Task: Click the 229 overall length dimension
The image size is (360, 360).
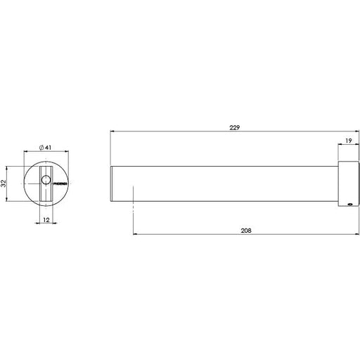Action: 235,128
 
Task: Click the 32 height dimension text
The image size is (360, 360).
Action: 4,184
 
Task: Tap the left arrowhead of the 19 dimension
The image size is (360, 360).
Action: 342,146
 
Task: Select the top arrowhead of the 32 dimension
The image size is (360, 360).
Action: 7,167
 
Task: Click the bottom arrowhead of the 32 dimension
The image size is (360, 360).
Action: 7,201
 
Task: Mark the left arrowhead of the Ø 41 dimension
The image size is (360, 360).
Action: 26,151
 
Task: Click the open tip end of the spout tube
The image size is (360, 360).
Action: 113,184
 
